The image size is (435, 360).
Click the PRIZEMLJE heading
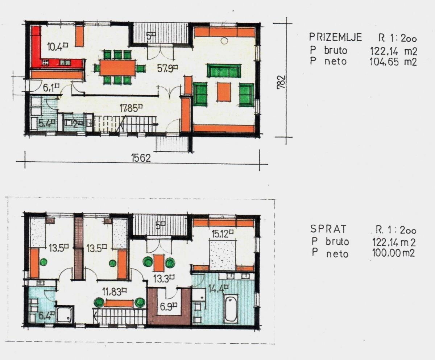[x=335, y=37]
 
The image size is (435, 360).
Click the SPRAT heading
[x=328, y=229]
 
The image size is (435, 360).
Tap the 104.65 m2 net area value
[x=393, y=62]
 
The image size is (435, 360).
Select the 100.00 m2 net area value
[x=393, y=253]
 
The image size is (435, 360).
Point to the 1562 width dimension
[x=141, y=158]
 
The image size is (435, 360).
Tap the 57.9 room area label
[x=167, y=68]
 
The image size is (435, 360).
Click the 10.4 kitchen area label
[x=58, y=47]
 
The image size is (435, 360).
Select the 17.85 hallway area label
[x=131, y=108]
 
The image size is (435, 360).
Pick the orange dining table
[x=118, y=68]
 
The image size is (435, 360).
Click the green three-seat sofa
[x=224, y=70]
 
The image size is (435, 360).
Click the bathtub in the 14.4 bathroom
[x=231, y=308]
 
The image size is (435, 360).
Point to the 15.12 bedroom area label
[x=222, y=234]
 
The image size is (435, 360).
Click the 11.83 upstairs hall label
[x=115, y=292]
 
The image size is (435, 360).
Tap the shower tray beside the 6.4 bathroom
[x=65, y=314]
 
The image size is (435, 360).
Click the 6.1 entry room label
[x=51, y=88]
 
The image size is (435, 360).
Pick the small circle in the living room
[x=224, y=41]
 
